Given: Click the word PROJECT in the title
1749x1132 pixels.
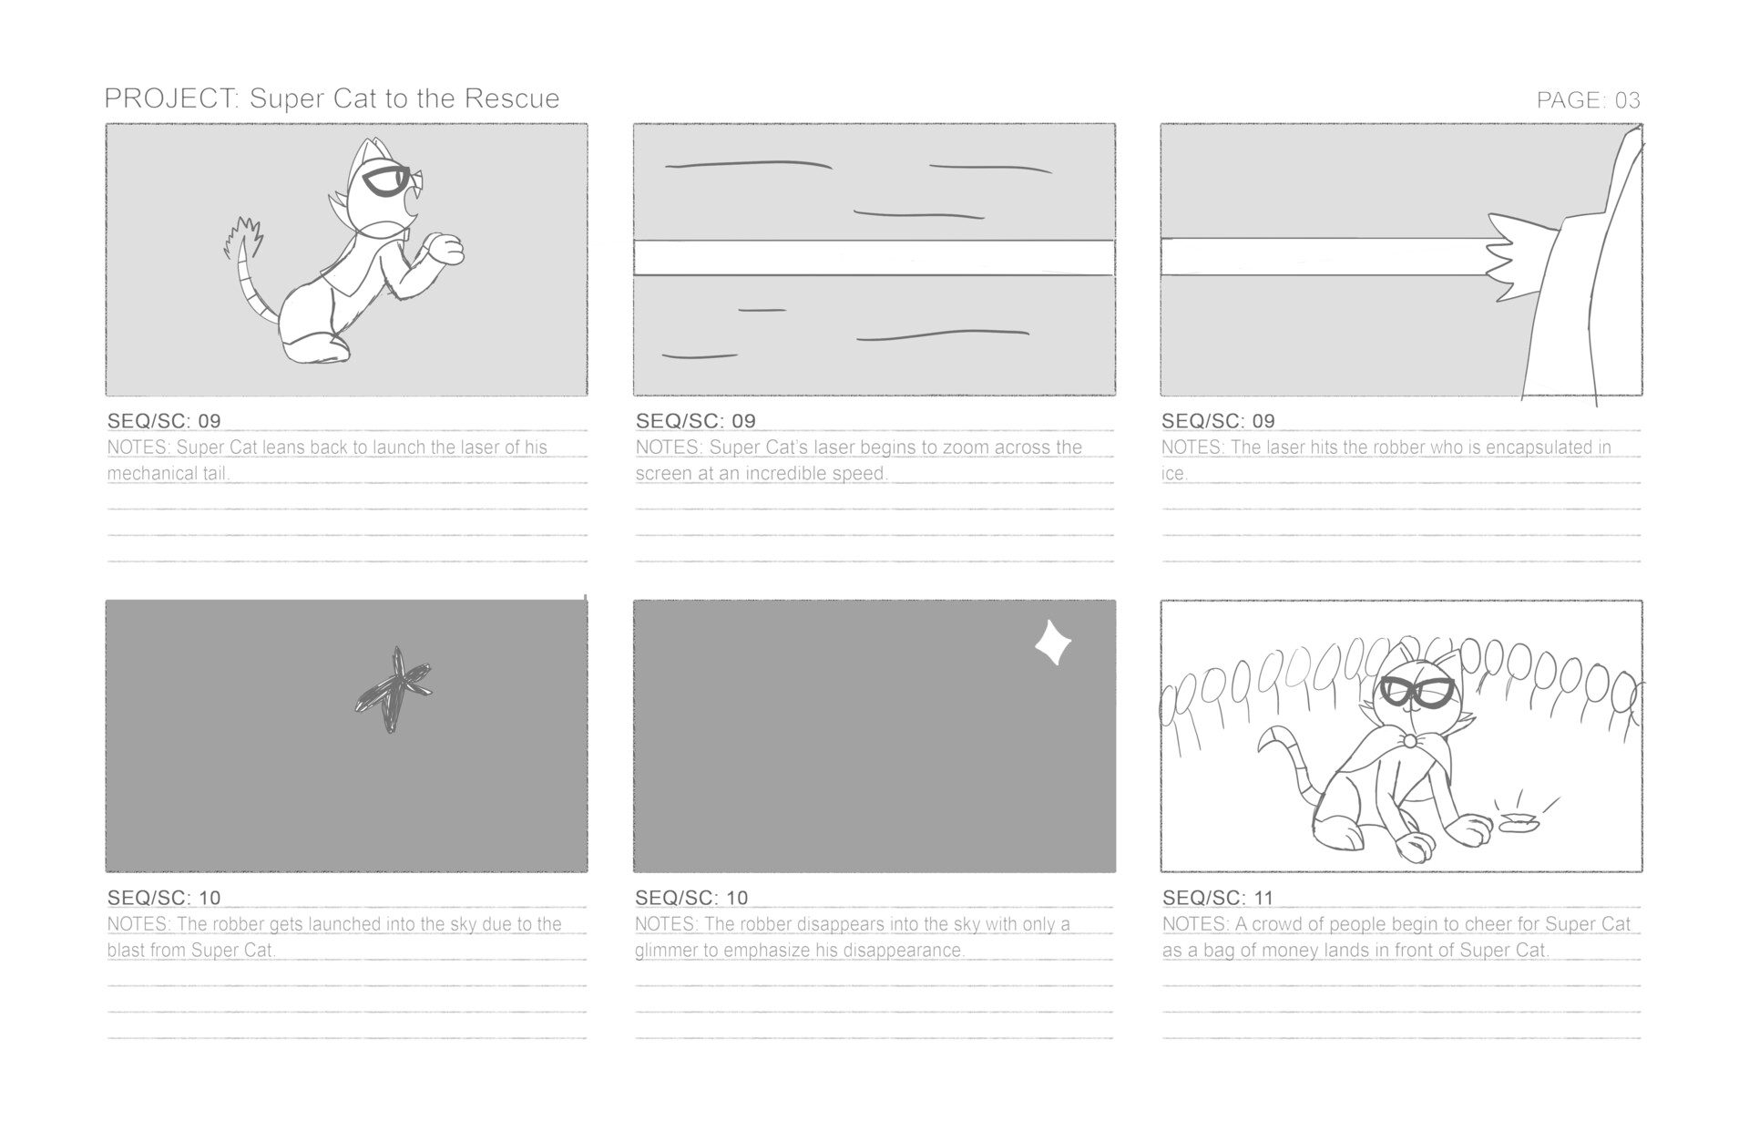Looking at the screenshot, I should coord(169,98).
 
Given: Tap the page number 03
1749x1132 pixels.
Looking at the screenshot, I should coord(1627,100).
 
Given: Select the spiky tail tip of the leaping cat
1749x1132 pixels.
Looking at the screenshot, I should coord(244,236).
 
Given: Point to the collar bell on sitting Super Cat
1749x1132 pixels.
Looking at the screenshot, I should coord(1409,741).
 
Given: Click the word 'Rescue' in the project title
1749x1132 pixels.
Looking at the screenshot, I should coord(512,98).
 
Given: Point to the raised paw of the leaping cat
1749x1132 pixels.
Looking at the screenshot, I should coord(447,249).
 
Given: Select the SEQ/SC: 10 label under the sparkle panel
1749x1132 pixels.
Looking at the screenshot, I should coord(691,898).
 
